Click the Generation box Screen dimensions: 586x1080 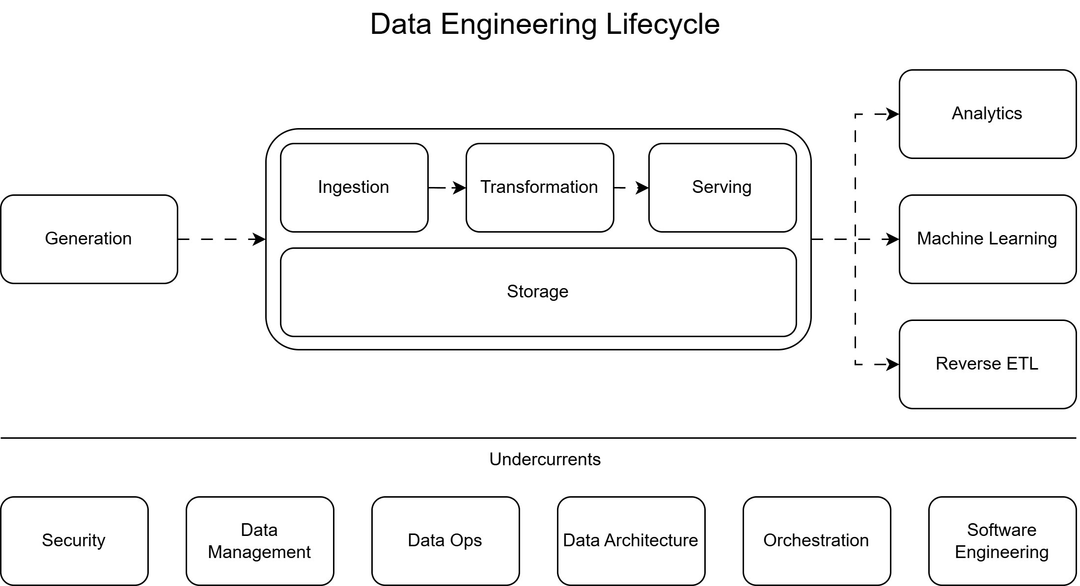89,239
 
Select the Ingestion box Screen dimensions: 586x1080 354,187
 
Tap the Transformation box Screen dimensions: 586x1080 539,187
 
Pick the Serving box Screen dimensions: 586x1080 722,187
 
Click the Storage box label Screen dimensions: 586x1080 538,292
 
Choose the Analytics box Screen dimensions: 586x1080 987,114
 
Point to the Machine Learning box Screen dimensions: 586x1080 987,239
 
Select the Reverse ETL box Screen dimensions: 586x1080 987,364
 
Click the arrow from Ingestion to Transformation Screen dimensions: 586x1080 447,188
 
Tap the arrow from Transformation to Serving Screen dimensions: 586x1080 632,188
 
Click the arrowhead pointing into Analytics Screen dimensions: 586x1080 893,114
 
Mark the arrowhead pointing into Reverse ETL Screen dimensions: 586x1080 893,365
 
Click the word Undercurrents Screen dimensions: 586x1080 545,459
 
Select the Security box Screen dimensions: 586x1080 74,541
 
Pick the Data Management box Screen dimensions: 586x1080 260,541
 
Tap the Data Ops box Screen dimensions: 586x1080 445,541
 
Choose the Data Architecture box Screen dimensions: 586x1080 631,541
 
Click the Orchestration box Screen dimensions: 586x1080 816,541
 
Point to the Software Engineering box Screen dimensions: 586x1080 1002,541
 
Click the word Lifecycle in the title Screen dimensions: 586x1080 663,24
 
